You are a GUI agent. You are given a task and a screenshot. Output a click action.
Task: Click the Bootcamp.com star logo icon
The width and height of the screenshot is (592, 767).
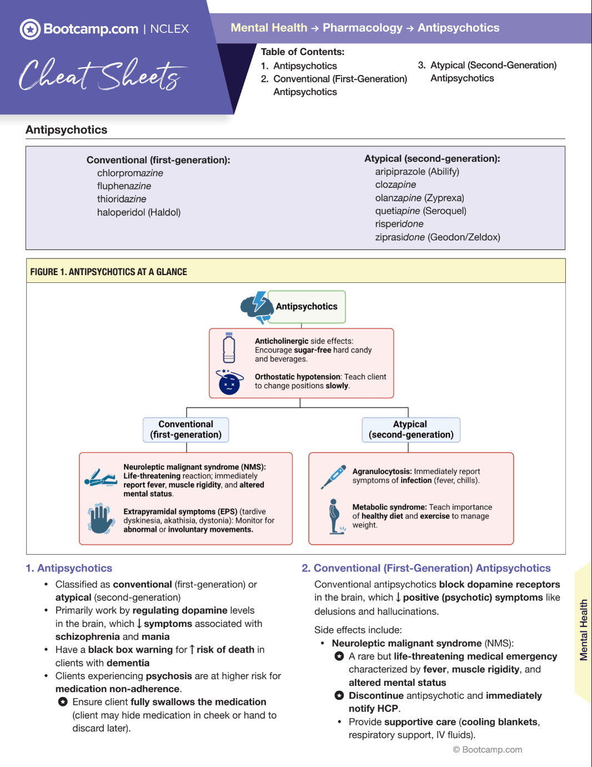tap(30, 29)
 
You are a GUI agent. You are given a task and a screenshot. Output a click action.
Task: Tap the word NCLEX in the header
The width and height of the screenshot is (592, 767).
tap(169, 29)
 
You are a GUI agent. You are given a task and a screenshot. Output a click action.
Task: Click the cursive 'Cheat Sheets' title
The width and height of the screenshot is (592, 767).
tap(100, 75)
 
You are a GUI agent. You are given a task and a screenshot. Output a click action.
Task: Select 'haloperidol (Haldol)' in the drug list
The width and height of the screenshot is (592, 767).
tap(139, 212)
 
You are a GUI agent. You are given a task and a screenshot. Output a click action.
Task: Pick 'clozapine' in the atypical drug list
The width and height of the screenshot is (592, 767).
tap(395, 185)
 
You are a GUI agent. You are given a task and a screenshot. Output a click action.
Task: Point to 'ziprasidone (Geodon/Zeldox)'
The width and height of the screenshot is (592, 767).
tap(438, 237)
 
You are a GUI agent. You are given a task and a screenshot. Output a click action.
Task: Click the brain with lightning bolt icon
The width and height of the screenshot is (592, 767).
tap(255, 307)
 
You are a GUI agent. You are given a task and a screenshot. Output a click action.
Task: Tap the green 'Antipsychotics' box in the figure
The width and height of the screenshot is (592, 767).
tap(307, 307)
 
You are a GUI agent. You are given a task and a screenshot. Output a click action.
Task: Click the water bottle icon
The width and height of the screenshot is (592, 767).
tap(229, 348)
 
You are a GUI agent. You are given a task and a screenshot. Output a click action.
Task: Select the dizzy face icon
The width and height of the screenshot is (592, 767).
tap(229, 382)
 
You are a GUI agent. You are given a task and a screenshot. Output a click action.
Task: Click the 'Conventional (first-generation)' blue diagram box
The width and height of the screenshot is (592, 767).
tap(185, 430)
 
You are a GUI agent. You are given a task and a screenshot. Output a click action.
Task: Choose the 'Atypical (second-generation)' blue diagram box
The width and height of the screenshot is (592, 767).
tap(411, 430)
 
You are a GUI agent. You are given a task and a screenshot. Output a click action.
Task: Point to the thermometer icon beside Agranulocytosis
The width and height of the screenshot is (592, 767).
tap(333, 477)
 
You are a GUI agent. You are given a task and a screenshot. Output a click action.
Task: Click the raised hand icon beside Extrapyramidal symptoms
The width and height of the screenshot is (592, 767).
tap(101, 519)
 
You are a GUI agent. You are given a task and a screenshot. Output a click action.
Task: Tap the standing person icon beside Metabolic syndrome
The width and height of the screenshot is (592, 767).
tap(334, 516)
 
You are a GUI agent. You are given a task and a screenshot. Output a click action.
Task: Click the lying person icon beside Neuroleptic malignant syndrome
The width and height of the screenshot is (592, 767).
tap(101, 478)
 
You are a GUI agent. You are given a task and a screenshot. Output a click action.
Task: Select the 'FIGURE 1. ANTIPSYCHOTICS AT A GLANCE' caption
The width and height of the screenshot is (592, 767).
tap(109, 272)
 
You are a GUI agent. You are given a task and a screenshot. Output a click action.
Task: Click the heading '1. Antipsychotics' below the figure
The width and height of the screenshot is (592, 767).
tap(69, 568)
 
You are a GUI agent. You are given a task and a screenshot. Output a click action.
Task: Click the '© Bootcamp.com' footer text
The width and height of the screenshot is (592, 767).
tap(488, 750)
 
